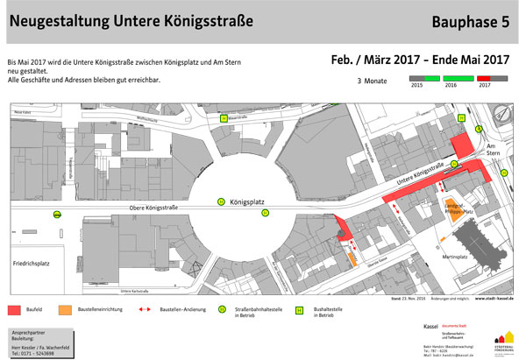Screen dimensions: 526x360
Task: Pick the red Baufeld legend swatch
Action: point(18,309)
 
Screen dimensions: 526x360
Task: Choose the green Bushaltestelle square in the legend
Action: point(298,309)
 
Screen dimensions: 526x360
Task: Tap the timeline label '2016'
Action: point(453,86)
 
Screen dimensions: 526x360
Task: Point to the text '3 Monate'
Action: point(372,81)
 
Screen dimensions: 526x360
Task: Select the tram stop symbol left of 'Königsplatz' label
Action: point(222,201)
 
